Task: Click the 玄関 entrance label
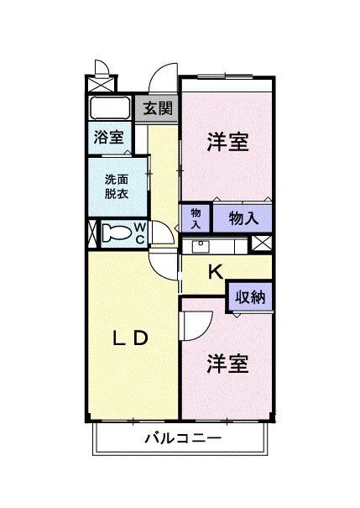(x=156, y=108)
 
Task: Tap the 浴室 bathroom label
(x=108, y=135)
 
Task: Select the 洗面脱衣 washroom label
(x=117, y=185)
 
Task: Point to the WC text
(x=140, y=233)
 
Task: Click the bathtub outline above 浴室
(x=109, y=108)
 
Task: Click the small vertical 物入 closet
(x=195, y=217)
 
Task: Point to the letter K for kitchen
(x=215, y=271)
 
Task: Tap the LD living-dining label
(x=131, y=338)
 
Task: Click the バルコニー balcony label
(x=182, y=439)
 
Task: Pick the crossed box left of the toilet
(x=93, y=233)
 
